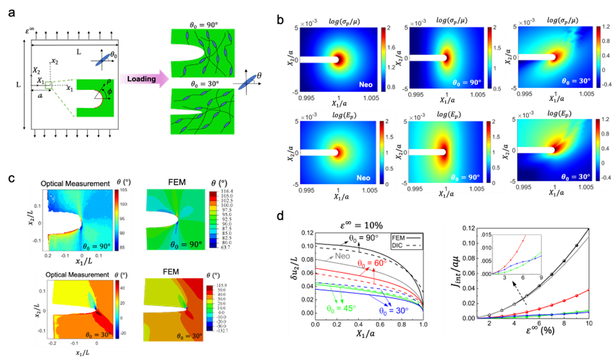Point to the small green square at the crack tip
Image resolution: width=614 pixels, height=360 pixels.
point(49,85)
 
